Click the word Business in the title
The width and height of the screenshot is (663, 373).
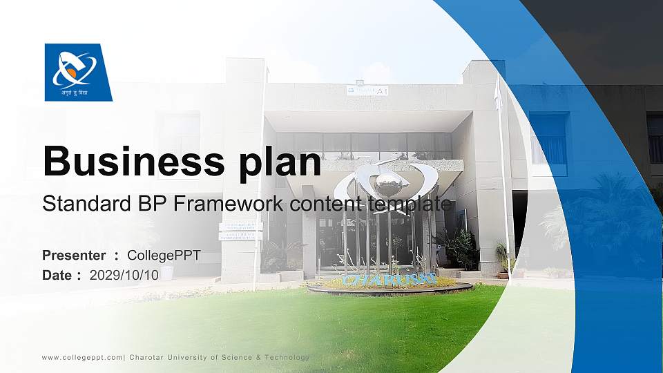click(130, 162)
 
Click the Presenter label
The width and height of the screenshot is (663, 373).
click(74, 256)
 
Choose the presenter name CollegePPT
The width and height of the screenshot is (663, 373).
click(164, 256)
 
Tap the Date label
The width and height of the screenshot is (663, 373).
click(57, 275)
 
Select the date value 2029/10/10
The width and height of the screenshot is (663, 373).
click(124, 275)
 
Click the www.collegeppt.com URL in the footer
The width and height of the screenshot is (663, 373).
click(82, 357)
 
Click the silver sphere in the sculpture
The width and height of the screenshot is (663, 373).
click(387, 184)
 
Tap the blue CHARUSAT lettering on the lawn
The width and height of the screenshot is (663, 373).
click(390, 280)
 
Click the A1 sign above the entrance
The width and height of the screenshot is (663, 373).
click(381, 90)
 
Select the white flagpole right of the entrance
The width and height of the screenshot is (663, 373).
click(502, 173)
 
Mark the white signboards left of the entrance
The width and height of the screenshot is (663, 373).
click(240, 231)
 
